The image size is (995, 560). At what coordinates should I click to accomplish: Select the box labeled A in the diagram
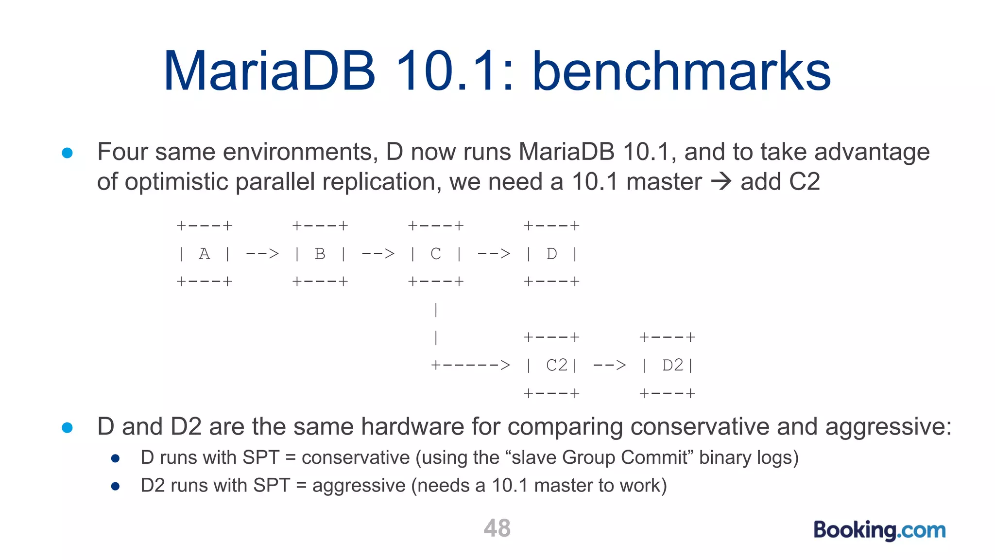coord(204,254)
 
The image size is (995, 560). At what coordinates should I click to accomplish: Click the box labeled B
coord(320,254)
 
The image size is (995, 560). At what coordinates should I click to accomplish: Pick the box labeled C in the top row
coord(436,254)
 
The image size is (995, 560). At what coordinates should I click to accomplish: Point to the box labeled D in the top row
coord(551,254)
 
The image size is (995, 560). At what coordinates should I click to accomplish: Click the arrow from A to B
coord(262,254)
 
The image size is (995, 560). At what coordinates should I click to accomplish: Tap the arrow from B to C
coord(378,254)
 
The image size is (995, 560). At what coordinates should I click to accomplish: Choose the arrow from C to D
coord(494,254)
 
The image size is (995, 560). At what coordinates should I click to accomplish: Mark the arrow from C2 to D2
coord(610,365)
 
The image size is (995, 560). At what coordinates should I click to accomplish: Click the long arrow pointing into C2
coord(470,365)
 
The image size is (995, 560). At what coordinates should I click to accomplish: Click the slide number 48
coord(497,528)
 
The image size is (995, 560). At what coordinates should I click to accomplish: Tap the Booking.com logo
coord(879,530)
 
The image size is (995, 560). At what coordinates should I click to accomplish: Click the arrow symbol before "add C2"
coord(721,182)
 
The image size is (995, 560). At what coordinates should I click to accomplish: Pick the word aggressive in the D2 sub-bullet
coord(359,486)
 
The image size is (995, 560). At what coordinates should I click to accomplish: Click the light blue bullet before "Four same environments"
coord(68,153)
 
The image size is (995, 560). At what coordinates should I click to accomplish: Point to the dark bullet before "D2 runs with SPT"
coord(115,486)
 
